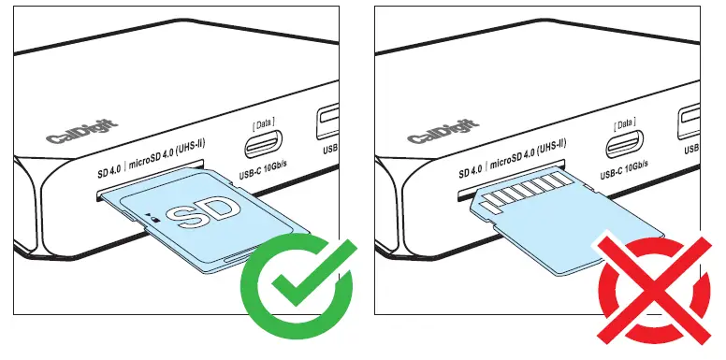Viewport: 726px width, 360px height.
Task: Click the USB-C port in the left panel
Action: pyautogui.click(x=262, y=147)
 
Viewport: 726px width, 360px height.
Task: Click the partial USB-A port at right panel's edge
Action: pyautogui.click(x=690, y=119)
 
